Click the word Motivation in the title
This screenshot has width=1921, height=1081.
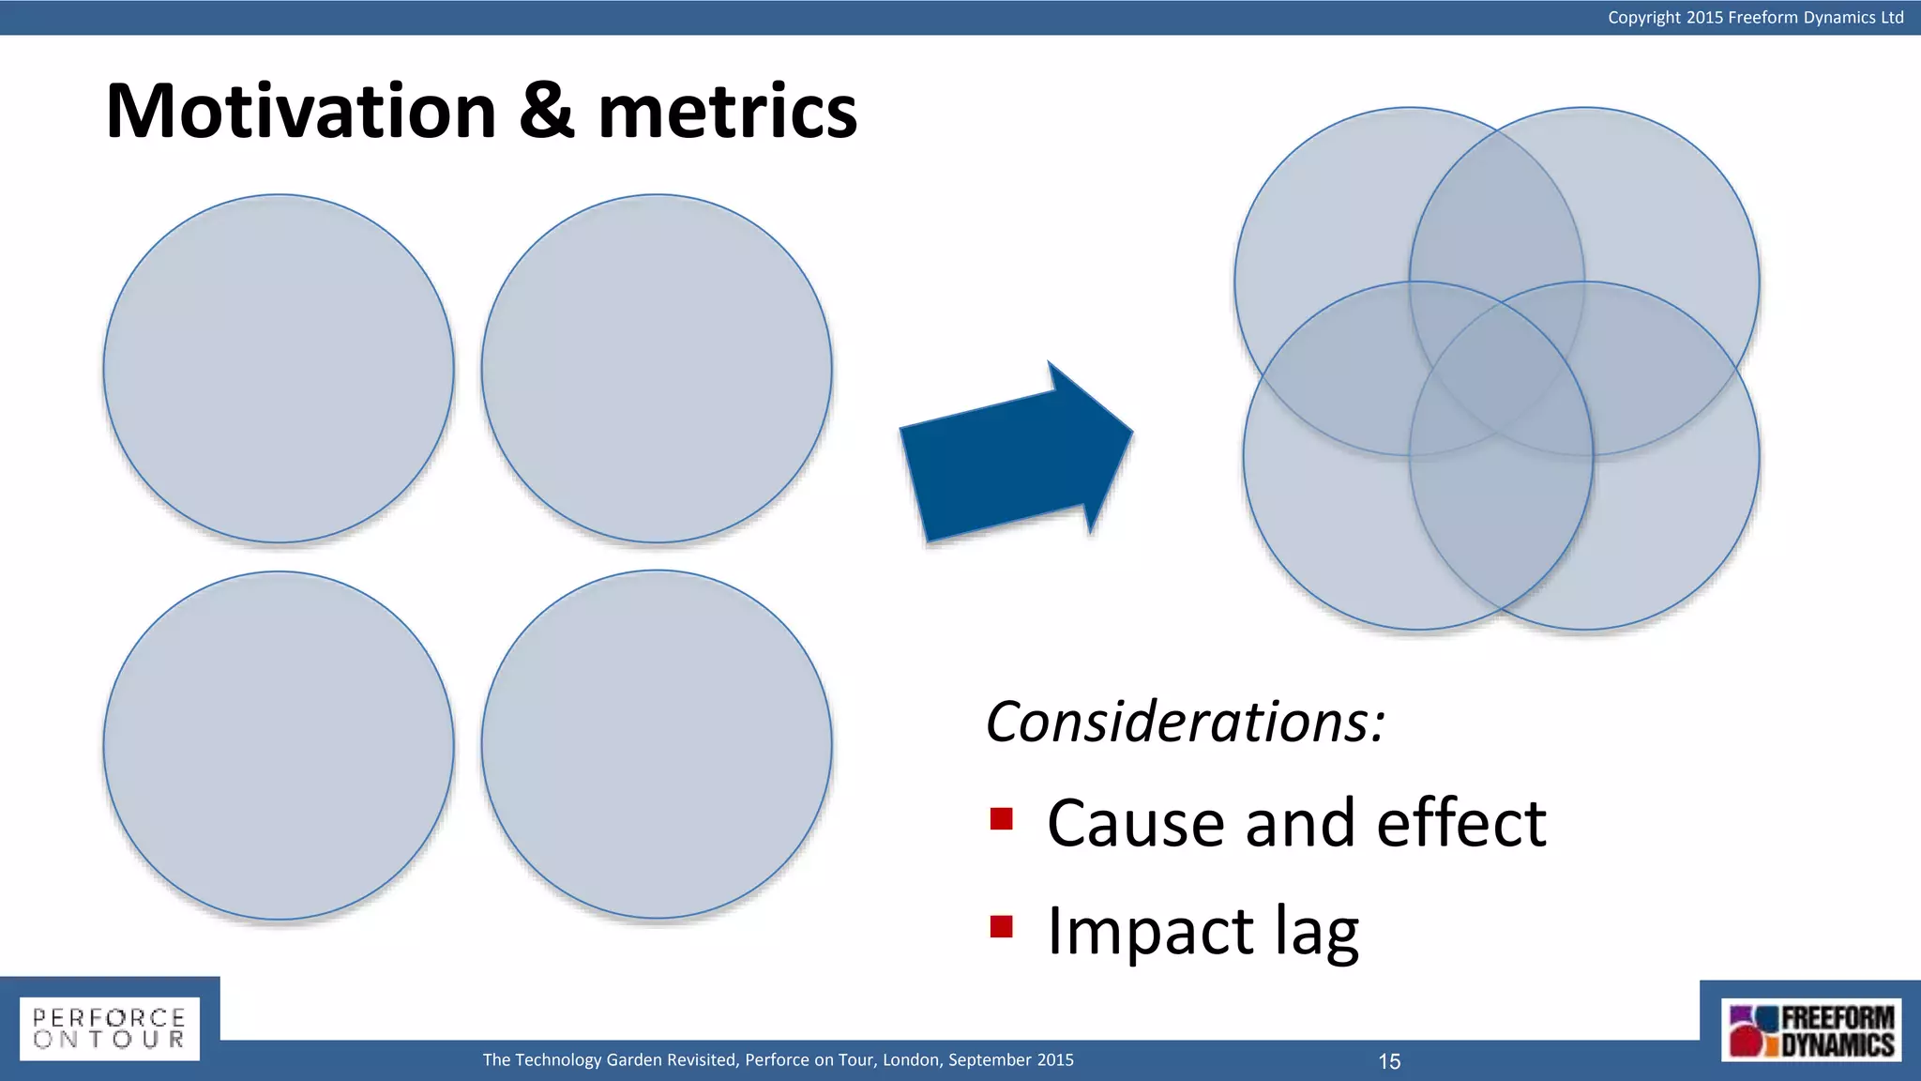(x=300, y=111)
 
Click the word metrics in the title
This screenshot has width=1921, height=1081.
(x=727, y=113)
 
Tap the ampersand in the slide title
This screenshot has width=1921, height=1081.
(x=547, y=111)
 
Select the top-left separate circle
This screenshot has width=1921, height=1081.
(x=279, y=369)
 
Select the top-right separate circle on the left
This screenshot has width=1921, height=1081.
(x=657, y=369)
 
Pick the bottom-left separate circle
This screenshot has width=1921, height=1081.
(x=279, y=746)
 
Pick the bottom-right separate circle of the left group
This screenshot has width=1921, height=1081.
(x=657, y=745)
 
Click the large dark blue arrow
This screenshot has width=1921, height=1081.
(x=1008, y=460)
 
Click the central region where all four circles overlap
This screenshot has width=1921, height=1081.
(x=1499, y=375)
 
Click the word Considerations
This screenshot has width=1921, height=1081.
(x=1185, y=723)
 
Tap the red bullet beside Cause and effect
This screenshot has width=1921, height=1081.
(x=1001, y=819)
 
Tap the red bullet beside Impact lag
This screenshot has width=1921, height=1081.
(x=1001, y=927)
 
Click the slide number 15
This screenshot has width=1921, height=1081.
(x=1389, y=1061)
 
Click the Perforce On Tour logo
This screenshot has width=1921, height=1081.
(x=110, y=1028)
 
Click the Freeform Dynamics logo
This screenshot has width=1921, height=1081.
(x=1811, y=1030)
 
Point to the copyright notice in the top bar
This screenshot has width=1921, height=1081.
(x=1755, y=17)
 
